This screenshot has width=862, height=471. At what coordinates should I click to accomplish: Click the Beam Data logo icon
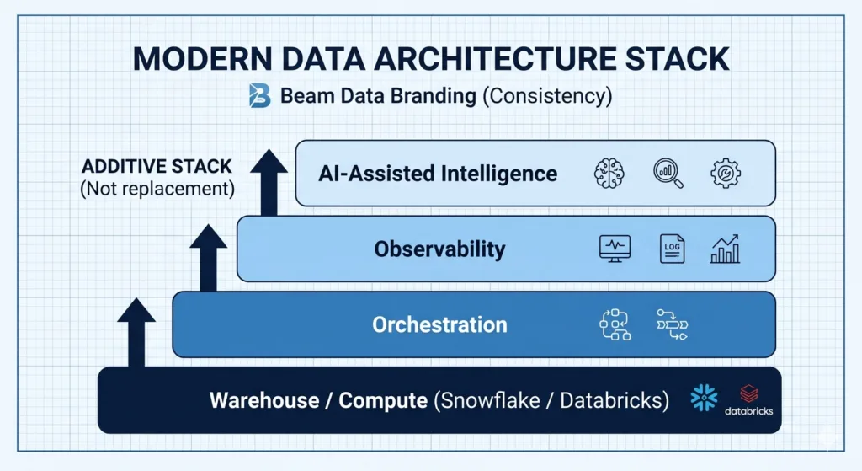tap(259, 96)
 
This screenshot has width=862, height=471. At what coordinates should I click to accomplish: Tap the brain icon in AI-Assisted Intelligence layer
tap(609, 173)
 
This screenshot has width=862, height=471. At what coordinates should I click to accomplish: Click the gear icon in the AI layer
tap(725, 173)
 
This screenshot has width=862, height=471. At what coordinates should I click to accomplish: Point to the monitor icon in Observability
tap(614, 249)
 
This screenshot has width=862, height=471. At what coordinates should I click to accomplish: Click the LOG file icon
tap(672, 249)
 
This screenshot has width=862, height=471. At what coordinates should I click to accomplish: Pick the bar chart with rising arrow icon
tap(725, 249)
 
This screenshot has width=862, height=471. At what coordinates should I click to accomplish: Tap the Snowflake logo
tap(703, 398)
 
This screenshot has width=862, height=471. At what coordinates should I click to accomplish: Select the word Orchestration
tap(439, 324)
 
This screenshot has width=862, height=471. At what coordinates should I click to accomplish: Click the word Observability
tap(439, 249)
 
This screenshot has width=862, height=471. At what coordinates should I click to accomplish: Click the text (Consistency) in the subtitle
tap(547, 96)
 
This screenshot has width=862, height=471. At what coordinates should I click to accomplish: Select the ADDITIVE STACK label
tap(157, 165)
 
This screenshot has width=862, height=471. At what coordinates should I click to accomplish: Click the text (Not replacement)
tap(157, 188)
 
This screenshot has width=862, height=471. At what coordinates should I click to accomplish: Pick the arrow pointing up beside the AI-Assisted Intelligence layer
tap(269, 181)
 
